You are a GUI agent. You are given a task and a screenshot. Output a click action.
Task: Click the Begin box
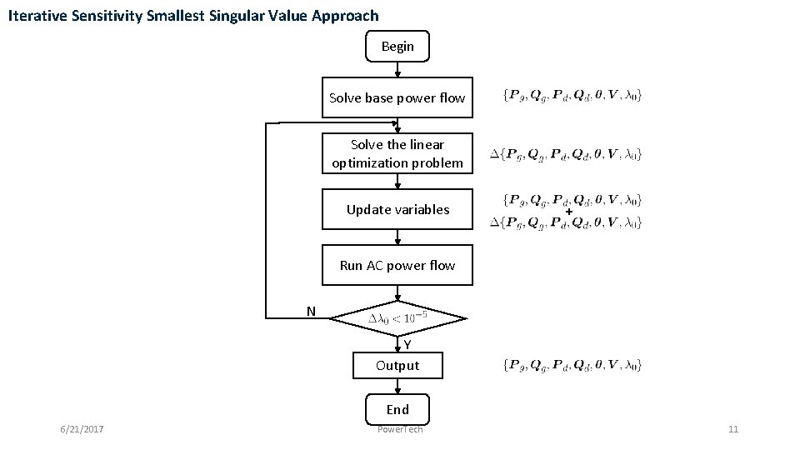click(397, 47)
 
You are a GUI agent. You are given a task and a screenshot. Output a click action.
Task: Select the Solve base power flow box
click(397, 98)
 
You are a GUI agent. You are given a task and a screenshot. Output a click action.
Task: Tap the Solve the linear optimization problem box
click(397, 154)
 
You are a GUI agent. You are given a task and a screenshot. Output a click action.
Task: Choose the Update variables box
click(397, 210)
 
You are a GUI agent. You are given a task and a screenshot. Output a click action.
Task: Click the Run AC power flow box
click(397, 266)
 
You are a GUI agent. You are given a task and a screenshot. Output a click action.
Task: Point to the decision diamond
click(397, 317)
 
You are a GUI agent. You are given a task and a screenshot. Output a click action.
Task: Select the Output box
click(397, 366)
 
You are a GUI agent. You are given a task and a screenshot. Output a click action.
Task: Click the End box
click(397, 409)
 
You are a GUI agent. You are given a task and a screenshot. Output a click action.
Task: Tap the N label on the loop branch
click(311, 312)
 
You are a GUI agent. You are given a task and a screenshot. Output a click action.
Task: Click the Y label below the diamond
click(407, 345)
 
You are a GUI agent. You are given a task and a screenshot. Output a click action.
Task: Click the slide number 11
click(733, 429)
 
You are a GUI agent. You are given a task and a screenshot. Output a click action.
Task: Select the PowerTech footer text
click(400, 429)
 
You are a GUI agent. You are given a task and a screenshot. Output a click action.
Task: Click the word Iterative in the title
click(37, 16)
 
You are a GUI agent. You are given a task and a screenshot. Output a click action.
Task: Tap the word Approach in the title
click(346, 16)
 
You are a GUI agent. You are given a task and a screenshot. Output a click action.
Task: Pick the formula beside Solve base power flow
click(572, 94)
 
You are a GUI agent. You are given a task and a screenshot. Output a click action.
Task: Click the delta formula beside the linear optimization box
click(566, 154)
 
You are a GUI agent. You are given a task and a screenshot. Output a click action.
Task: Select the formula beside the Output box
click(572, 364)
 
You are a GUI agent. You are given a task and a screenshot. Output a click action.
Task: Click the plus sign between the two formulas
click(568, 212)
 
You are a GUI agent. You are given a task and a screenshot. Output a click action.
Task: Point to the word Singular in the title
click(246, 16)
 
